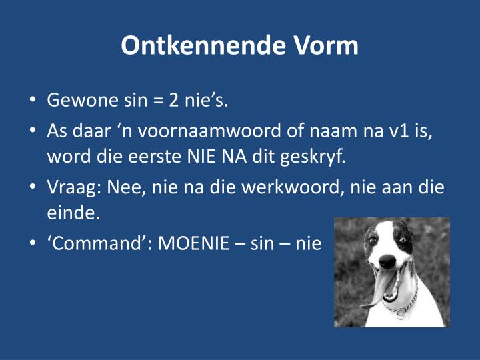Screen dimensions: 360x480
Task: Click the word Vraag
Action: click(71, 187)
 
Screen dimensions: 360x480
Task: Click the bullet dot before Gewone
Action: click(33, 102)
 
